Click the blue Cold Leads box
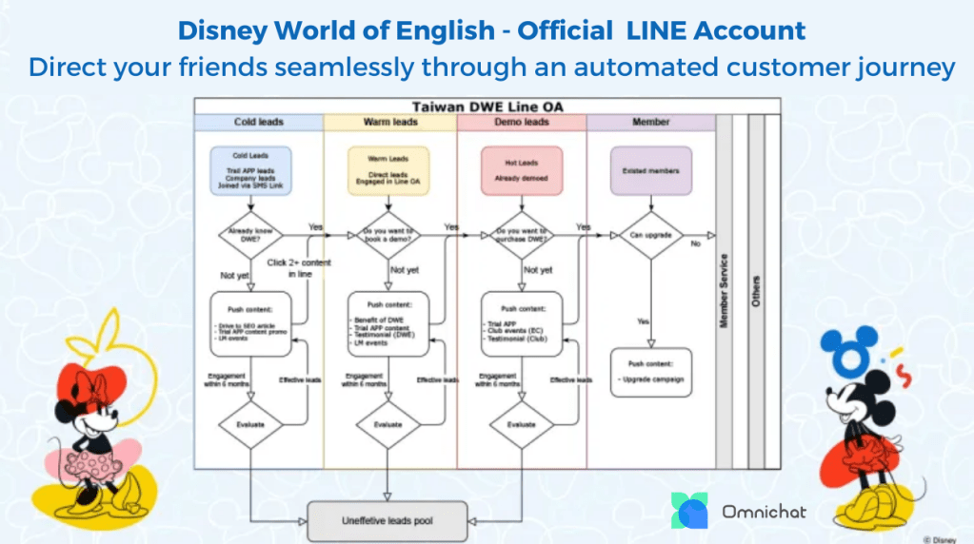click(251, 170)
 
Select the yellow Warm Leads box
click(388, 170)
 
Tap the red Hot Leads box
click(522, 170)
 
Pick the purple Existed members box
click(651, 170)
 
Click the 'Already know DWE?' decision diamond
click(251, 235)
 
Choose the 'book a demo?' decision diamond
click(388, 235)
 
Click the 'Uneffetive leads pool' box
click(387, 520)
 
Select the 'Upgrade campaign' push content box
click(651, 373)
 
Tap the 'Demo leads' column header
click(522, 123)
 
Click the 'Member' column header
click(651, 123)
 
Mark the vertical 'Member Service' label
click(725, 291)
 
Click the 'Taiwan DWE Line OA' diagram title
click(486, 107)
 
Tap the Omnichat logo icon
click(689, 511)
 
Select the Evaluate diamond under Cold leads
click(251, 424)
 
